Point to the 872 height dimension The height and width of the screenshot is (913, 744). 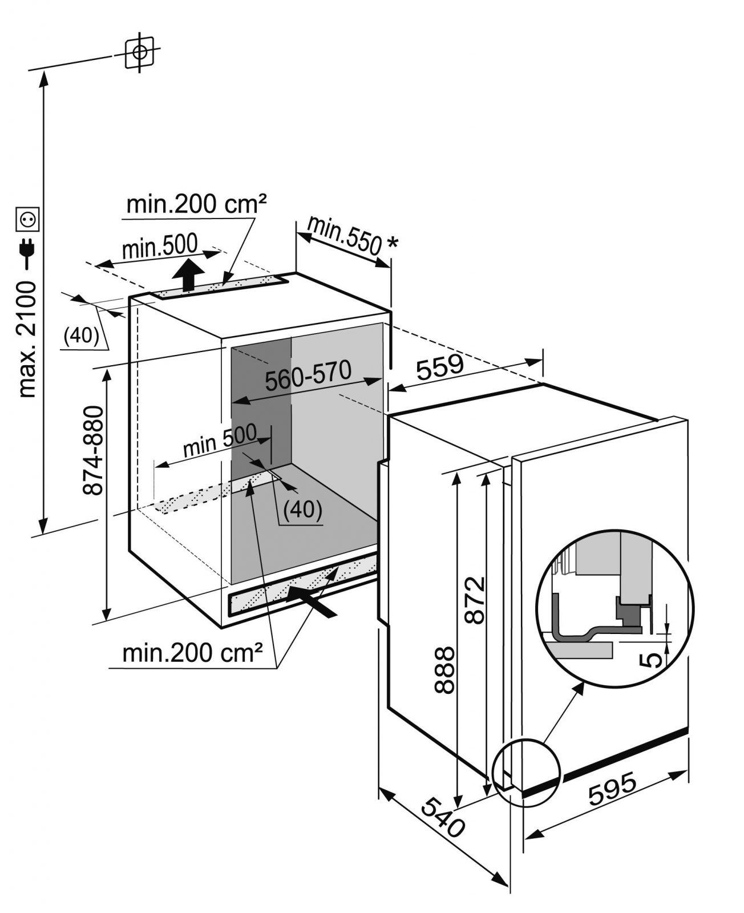click(475, 600)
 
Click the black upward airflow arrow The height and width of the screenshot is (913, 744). click(188, 275)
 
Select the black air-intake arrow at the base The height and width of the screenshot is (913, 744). click(311, 602)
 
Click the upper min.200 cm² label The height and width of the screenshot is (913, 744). click(196, 204)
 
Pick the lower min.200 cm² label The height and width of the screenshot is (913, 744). click(193, 653)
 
